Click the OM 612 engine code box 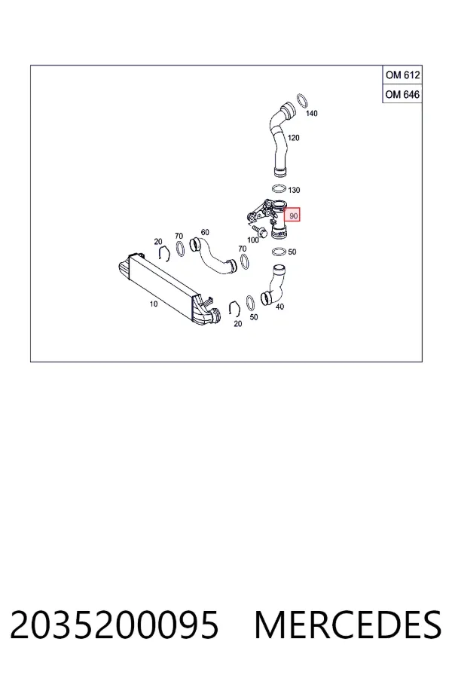pos(402,75)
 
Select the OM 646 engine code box pos(402,94)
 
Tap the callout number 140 pos(311,113)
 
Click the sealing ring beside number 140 pos(302,100)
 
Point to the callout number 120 pos(293,138)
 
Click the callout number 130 pos(294,191)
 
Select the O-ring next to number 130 pos(279,188)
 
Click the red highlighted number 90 pos(292,215)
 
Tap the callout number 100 pos(252,240)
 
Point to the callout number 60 pos(205,232)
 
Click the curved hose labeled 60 pos(212,256)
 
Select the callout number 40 pos(279,307)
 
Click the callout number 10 pos(154,304)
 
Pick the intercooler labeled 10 pos(169,288)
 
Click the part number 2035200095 pos(115,625)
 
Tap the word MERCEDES pos(348,625)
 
